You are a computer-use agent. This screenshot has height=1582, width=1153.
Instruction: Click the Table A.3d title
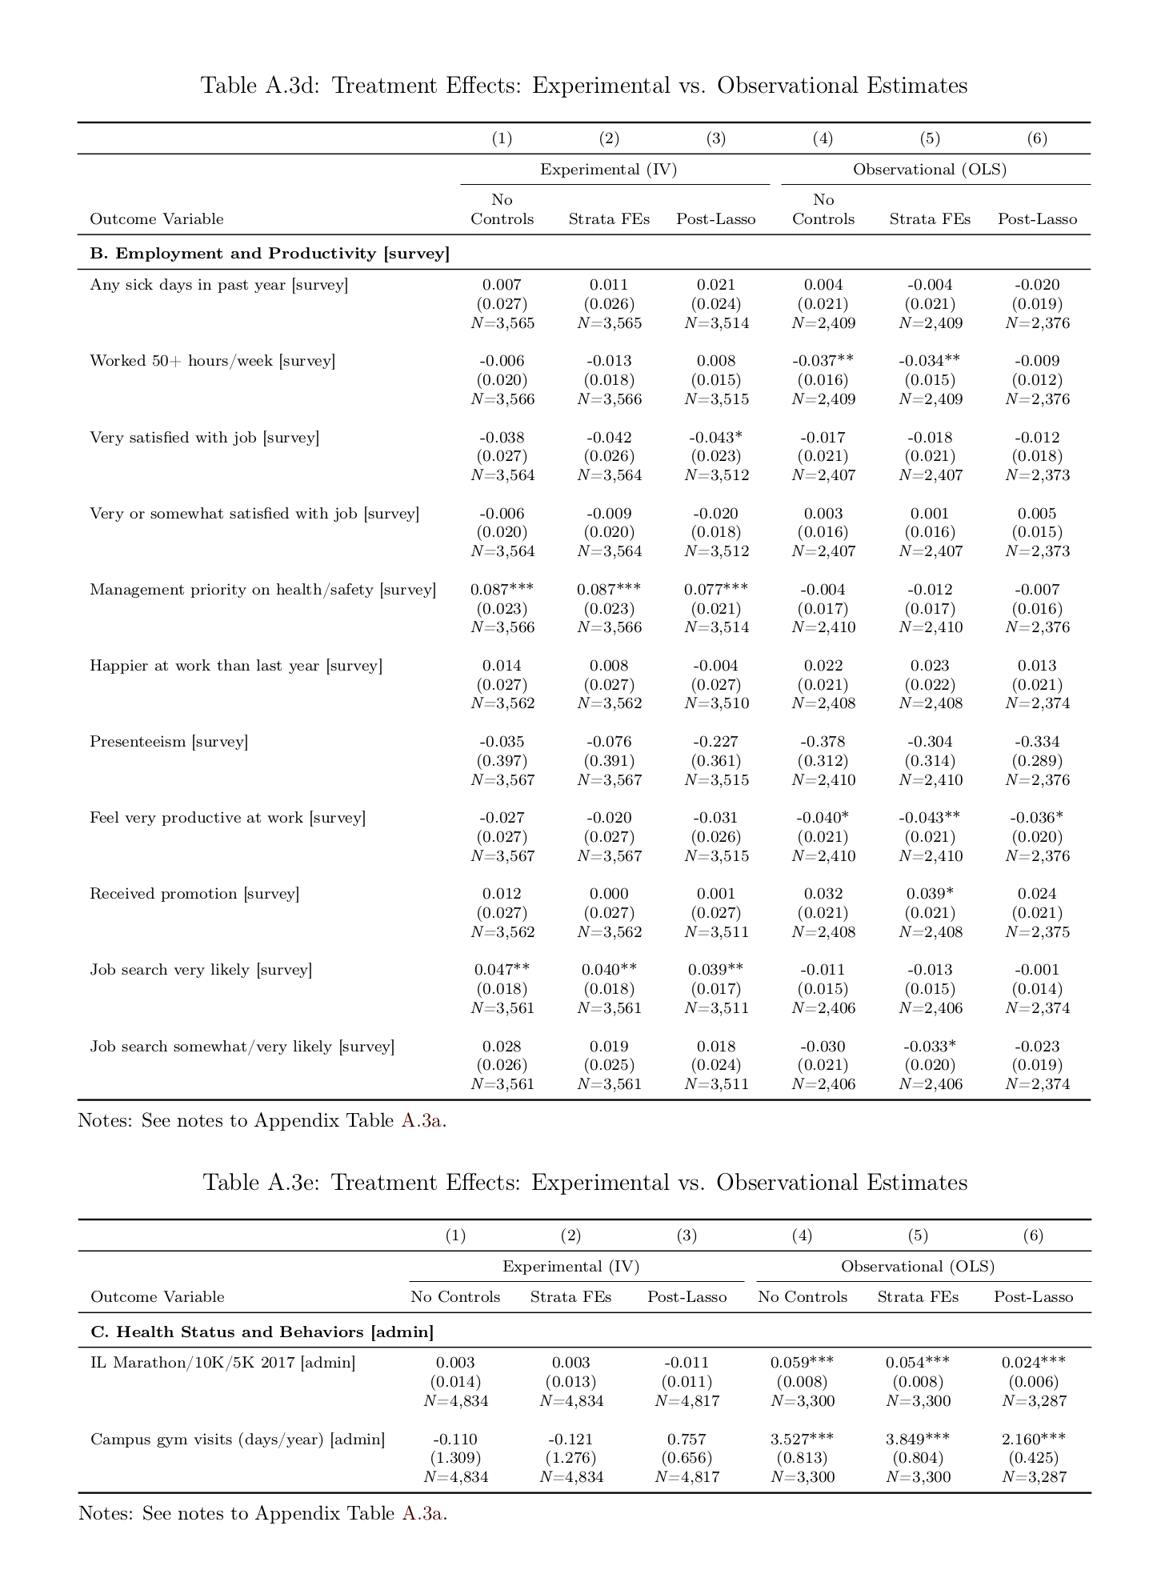pyautogui.click(x=583, y=86)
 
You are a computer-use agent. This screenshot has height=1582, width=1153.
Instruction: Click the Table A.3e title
pyautogui.click(x=584, y=1183)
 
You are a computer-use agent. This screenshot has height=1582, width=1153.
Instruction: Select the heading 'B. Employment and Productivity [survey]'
pyautogui.click(x=270, y=254)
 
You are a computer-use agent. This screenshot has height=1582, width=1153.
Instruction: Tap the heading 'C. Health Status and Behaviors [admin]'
pyautogui.click(x=262, y=1332)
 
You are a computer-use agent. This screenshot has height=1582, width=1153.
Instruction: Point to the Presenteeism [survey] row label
pyautogui.click(x=169, y=742)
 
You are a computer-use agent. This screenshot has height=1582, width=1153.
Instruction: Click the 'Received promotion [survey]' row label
pyautogui.click(x=194, y=894)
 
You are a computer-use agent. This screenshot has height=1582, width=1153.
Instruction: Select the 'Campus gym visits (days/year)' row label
pyautogui.click(x=238, y=1440)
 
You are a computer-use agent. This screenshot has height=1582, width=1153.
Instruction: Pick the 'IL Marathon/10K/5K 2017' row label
pyautogui.click(x=222, y=1363)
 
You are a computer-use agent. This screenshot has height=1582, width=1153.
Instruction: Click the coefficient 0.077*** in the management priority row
pyautogui.click(x=716, y=590)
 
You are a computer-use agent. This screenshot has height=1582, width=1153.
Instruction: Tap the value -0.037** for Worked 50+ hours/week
pyautogui.click(x=823, y=361)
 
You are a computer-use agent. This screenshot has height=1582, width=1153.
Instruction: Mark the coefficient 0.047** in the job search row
pyautogui.click(x=502, y=970)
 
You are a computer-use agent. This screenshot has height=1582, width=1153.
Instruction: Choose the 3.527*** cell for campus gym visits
pyautogui.click(x=803, y=1439)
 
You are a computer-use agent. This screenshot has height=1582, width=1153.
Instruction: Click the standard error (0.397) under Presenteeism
pyautogui.click(x=502, y=761)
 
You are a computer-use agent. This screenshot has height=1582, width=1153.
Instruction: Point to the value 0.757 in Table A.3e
pyautogui.click(x=687, y=1439)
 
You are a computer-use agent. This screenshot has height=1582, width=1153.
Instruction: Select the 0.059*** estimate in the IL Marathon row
pyautogui.click(x=803, y=1363)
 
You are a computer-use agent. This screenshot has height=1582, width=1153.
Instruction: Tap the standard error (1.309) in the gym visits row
pyautogui.click(x=455, y=1458)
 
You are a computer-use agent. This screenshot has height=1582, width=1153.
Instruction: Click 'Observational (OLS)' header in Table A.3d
pyautogui.click(x=930, y=170)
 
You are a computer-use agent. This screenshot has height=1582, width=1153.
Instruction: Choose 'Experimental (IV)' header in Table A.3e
pyautogui.click(x=570, y=1267)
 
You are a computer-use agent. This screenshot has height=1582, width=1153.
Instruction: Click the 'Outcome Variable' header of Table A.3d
pyautogui.click(x=157, y=219)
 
